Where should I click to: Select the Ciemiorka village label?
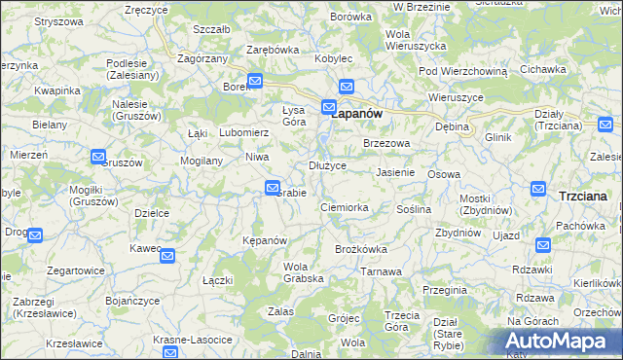click(x=344, y=207)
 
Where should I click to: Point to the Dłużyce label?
click(x=327, y=165)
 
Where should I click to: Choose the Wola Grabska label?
click(x=303, y=271)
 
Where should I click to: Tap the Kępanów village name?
click(x=264, y=240)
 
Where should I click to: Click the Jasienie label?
click(x=395, y=172)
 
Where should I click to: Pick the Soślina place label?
click(x=414, y=209)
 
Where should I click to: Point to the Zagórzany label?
click(x=202, y=58)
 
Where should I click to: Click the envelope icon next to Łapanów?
click(x=329, y=107)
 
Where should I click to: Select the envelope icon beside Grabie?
click(x=273, y=188)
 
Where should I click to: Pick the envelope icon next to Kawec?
click(x=167, y=257)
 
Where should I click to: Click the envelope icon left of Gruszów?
click(x=98, y=156)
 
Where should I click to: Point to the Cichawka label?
click(x=543, y=69)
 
